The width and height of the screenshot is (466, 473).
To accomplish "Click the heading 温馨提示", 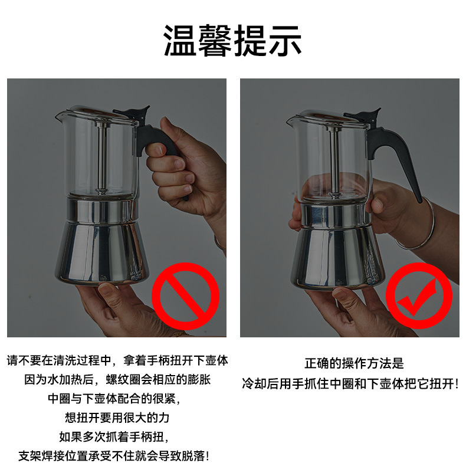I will pos(232,40).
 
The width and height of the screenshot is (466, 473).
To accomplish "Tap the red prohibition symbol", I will pos(185,297).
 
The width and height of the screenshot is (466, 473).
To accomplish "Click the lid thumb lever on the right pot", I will pos(366,115).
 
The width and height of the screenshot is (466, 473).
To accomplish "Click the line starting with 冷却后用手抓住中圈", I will pos(350,383).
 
